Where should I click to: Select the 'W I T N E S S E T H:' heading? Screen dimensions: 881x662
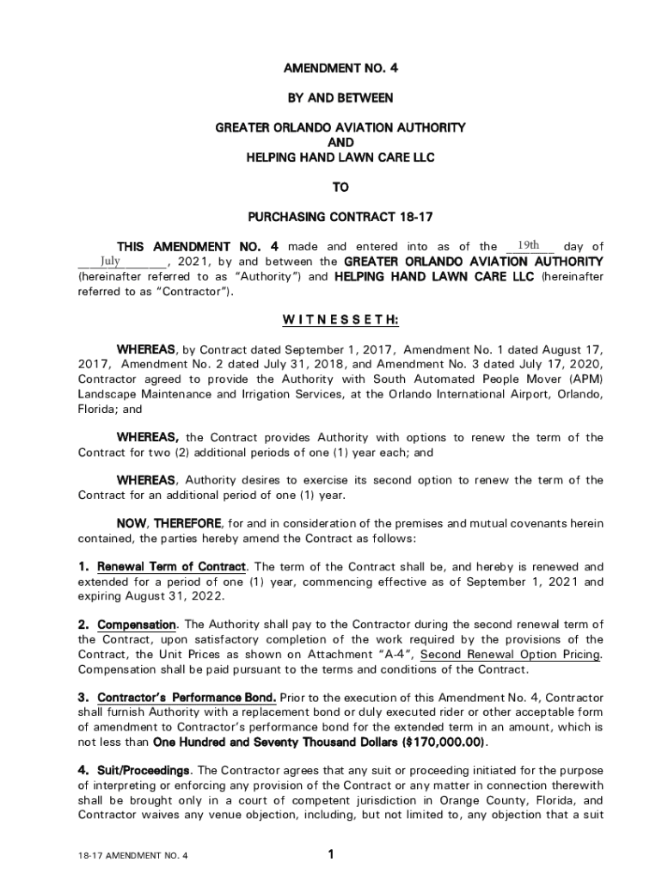tap(340, 320)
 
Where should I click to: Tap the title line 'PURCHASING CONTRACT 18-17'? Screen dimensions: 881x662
tap(340, 216)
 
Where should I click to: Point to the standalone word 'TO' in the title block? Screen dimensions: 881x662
tap(340, 187)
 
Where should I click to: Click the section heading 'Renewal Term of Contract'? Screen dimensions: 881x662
tap(172, 567)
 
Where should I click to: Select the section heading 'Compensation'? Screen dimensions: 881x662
tap(138, 624)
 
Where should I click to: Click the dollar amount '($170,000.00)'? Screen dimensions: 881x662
tap(443, 742)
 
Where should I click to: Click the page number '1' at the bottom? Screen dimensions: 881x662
tap(330, 854)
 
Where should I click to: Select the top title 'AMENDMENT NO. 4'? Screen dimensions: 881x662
tap(340, 69)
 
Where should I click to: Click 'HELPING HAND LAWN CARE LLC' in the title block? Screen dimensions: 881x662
tap(340, 157)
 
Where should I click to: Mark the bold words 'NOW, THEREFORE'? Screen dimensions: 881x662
tap(169, 523)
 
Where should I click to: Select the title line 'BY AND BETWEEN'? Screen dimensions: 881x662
tap(340, 99)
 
